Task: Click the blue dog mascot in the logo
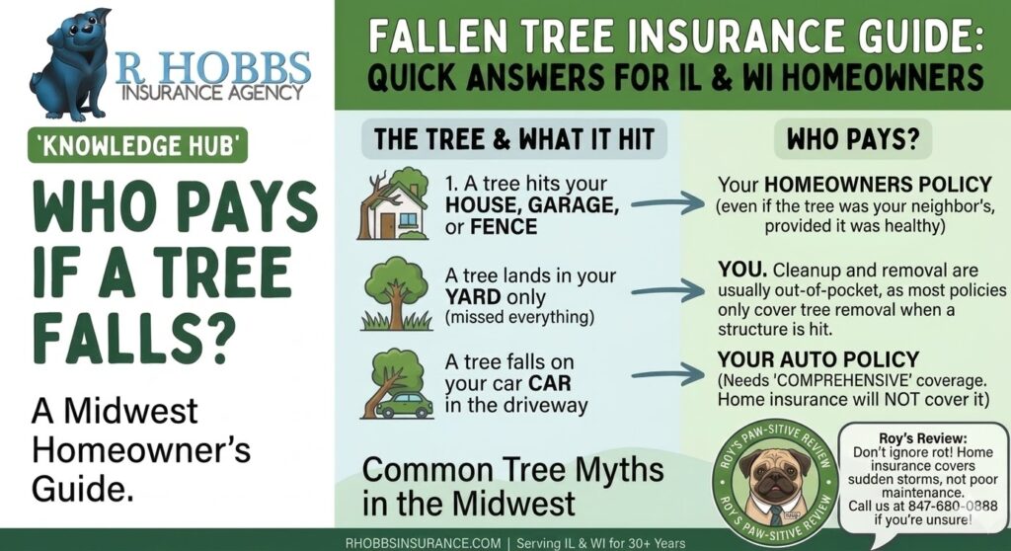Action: click(71, 64)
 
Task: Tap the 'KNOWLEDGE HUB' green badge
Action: click(137, 145)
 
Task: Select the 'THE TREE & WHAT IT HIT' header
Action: click(513, 138)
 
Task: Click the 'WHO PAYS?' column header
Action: click(852, 138)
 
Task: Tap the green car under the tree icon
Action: click(404, 405)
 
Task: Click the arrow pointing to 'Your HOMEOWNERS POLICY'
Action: click(667, 203)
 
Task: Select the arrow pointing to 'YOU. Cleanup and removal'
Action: click(667, 291)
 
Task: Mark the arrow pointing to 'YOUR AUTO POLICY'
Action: click(667, 374)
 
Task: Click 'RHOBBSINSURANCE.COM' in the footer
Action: click(423, 543)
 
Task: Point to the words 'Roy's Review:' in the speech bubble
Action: click(923, 438)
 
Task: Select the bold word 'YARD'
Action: click(473, 297)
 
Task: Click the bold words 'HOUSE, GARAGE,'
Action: click(532, 205)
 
